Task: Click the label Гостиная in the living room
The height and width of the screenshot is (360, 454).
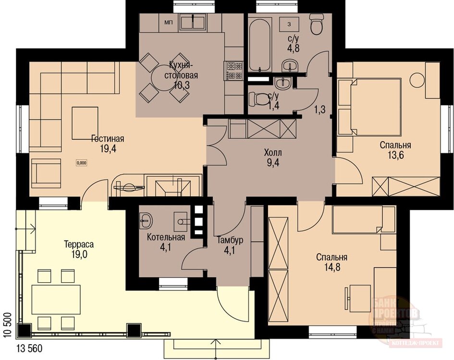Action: click(108, 139)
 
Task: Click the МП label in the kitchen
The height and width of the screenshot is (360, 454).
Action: click(168, 22)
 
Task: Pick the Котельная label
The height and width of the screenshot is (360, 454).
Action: click(166, 238)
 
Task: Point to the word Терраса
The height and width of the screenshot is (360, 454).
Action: click(78, 244)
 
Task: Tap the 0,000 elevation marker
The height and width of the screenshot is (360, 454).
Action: click(81, 163)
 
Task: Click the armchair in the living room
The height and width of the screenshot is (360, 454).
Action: click(46, 173)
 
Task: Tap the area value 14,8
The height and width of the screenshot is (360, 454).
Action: click(331, 267)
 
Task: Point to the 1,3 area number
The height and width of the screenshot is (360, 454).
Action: click(319, 110)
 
